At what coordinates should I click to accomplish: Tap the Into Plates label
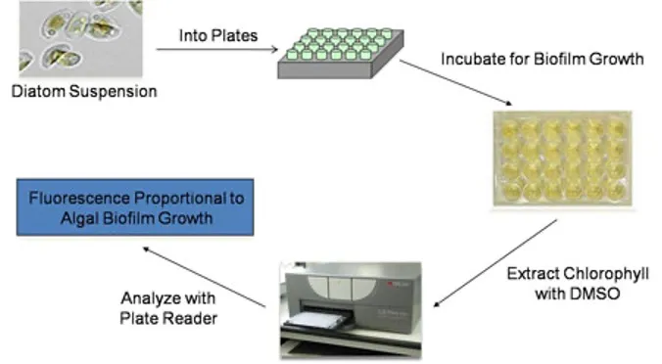(x=216, y=35)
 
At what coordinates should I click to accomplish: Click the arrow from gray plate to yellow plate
(x=455, y=83)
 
